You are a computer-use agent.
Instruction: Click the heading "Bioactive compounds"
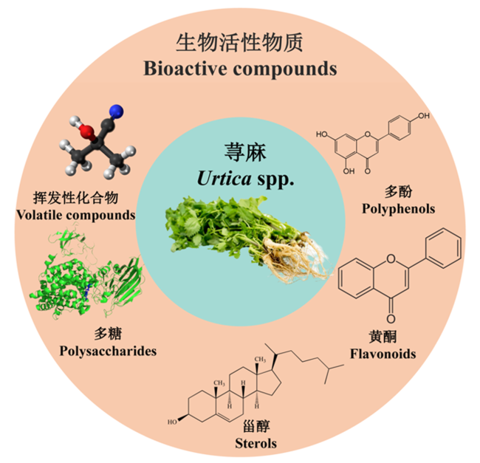coord(240,69)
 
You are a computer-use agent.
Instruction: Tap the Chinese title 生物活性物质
coord(239,43)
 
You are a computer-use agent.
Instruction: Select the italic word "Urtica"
coord(224,178)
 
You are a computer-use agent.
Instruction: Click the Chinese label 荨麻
coord(245,152)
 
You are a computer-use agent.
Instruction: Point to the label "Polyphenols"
coord(398,209)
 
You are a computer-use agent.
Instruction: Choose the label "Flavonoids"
coord(383,354)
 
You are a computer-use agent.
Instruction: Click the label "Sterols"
coord(256,443)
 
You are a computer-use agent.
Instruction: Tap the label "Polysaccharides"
coord(108,351)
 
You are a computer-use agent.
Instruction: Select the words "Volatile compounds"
coord(75,215)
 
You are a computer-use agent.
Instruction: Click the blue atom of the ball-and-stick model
coord(117,112)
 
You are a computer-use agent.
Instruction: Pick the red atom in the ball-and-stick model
coord(86,131)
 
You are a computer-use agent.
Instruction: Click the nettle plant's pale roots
coord(294,258)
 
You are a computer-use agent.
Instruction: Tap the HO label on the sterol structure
coord(172,422)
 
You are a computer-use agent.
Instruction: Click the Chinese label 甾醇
coord(256,426)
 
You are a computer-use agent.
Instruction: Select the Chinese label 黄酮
coord(383,337)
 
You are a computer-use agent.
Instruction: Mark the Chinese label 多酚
coord(398,192)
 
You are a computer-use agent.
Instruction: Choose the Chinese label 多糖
coord(108,334)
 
